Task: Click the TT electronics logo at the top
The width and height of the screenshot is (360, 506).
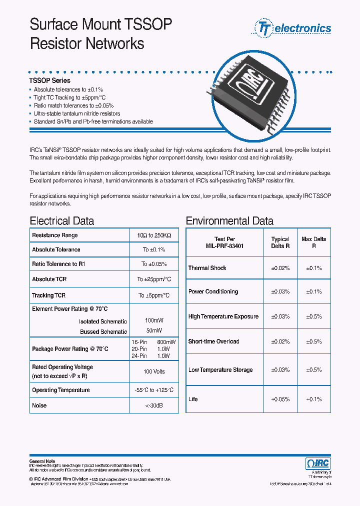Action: pyautogui.click(x=293, y=28)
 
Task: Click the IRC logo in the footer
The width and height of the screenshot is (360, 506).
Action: pyautogui.click(x=317, y=463)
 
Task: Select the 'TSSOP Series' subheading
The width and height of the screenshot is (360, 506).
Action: pyautogui.click(x=50, y=80)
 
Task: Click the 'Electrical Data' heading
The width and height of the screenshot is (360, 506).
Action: pyautogui.click(x=61, y=221)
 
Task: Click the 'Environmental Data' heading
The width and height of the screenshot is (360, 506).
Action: pyautogui.click(x=229, y=221)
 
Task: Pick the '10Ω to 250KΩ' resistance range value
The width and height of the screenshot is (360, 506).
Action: pyautogui.click(x=154, y=235)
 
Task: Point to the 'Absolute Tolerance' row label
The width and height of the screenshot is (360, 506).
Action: pyautogui.click(x=56, y=249)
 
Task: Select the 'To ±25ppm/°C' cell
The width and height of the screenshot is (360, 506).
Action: pyautogui.click(x=154, y=279)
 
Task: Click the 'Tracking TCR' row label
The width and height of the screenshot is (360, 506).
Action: pyautogui.click(x=48, y=295)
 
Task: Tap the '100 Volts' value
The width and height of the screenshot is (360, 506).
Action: pyautogui.click(x=154, y=371)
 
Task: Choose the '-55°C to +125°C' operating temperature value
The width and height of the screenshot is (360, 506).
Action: pyautogui.click(x=154, y=390)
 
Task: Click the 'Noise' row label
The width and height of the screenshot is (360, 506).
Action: pyautogui.click(x=39, y=405)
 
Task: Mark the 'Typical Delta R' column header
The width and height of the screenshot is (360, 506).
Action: pyautogui.click(x=280, y=242)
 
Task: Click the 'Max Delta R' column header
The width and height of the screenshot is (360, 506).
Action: pyautogui.click(x=314, y=242)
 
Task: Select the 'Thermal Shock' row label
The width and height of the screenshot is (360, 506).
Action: pyautogui.click(x=207, y=268)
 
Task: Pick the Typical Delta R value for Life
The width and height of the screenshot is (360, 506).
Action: pyautogui.click(x=280, y=399)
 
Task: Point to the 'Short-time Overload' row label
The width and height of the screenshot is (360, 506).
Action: pyautogui.click(x=213, y=341)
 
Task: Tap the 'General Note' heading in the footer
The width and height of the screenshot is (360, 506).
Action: pyautogui.click(x=42, y=461)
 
